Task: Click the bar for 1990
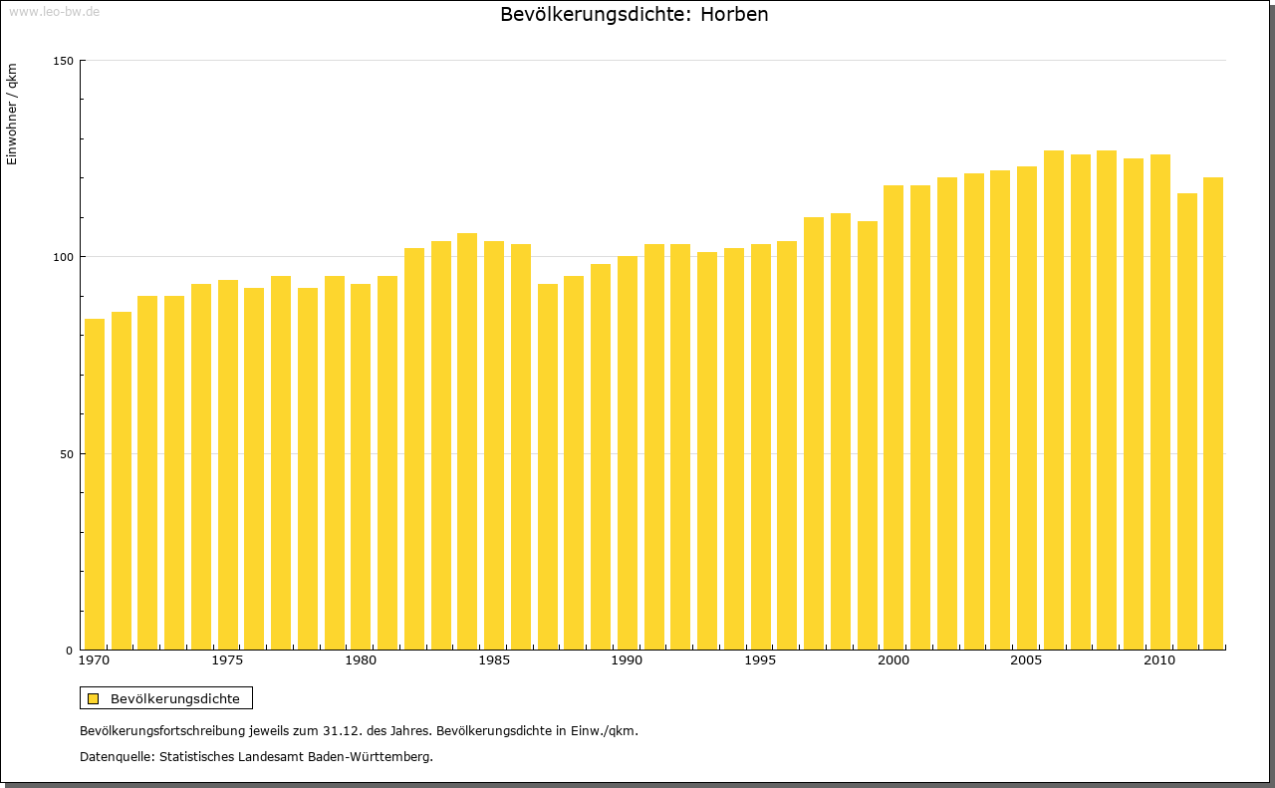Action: click(x=628, y=453)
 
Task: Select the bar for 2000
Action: click(x=893, y=417)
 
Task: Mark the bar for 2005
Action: click(x=1027, y=407)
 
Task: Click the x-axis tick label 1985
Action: click(x=494, y=660)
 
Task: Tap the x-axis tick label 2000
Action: click(x=893, y=660)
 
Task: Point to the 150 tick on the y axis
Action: click(x=63, y=61)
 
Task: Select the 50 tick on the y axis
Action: click(x=66, y=454)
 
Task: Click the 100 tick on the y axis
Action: click(x=63, y=257)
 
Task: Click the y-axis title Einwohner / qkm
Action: click(x=12, y=114)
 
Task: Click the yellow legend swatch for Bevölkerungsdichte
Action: click(x=94, y=699)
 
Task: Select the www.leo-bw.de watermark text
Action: click(x=54, y=12)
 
